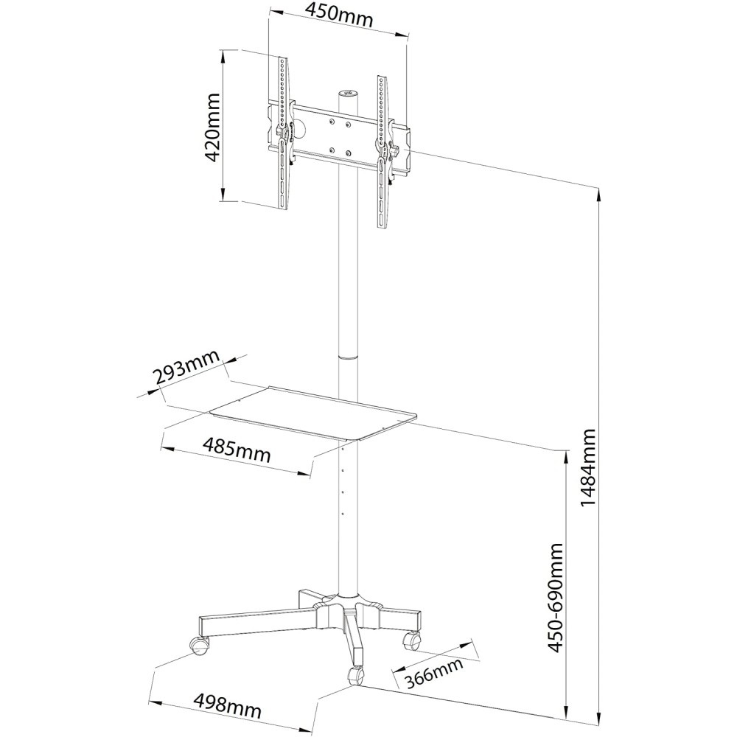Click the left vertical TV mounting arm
pos(284,133)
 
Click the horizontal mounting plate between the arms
pos(335,133)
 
